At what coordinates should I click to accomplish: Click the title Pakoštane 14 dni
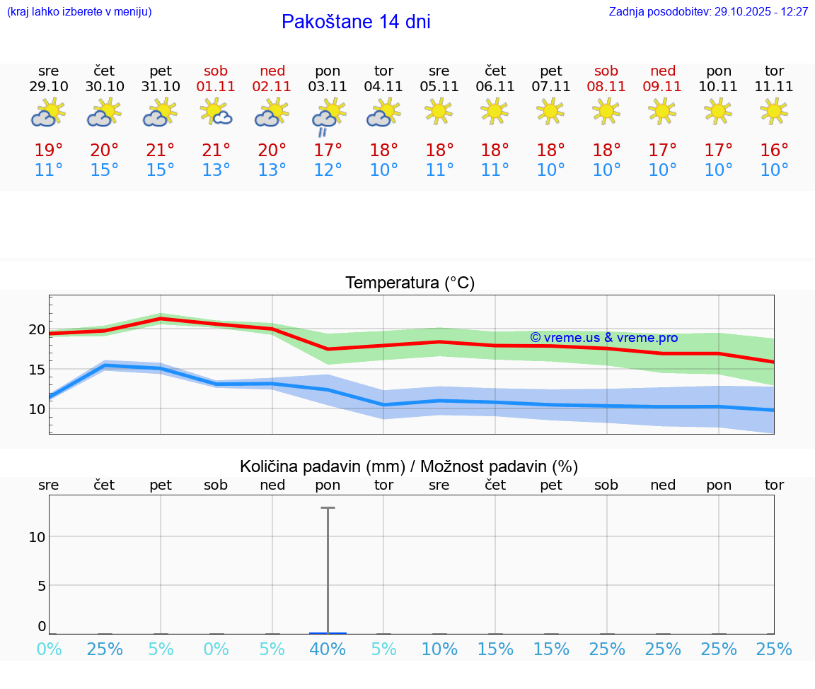point(356,22)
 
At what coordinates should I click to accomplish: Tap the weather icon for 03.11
point(328,116)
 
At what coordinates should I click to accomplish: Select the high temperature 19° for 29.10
point(49,150)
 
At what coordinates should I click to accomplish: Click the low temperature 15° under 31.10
point(161,170)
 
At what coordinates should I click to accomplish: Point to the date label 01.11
point(216,87)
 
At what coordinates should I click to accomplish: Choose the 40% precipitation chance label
point(328,649)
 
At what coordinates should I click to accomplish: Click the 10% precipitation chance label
point(439,649)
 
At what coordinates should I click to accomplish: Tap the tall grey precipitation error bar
point(328,565)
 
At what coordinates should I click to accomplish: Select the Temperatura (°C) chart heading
point(410,283)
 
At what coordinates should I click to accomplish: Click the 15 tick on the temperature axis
point(37,370)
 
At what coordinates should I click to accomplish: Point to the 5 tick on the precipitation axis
point(41,586)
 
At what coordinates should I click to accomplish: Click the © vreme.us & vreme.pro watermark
point(603,338)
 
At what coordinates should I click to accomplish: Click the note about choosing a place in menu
point(79,12)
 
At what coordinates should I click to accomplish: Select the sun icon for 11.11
point(774,111)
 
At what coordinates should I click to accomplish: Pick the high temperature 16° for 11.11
point(774,150)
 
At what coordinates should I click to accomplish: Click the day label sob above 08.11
point(606,71)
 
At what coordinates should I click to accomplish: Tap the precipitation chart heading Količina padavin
point(409,466)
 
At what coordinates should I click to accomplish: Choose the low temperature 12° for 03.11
point(328,170)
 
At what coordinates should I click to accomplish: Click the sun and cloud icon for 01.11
point(216,112)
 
